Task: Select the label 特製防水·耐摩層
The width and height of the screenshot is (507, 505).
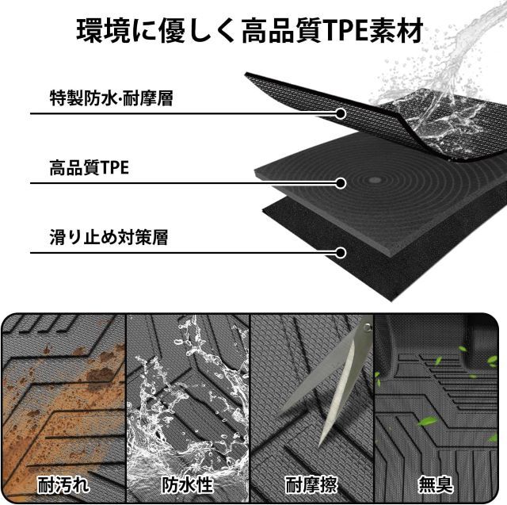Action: [x=111, y=99]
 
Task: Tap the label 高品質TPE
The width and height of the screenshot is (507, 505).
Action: [x=89, y=169]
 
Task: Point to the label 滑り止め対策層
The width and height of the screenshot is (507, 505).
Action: [x=109, y=237]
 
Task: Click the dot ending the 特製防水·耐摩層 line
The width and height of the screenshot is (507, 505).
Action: [x=341, y=113]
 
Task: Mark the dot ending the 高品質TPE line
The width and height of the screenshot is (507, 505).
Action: [x=341, y=183]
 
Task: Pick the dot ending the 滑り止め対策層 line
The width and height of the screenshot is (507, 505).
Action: [x=341, y=253]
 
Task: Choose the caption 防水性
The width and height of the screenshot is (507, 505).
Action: [x=188, y=484]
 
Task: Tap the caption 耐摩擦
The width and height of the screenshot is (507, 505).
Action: [x=311, y=484]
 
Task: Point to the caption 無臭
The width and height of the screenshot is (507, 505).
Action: [x=436, y=484]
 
